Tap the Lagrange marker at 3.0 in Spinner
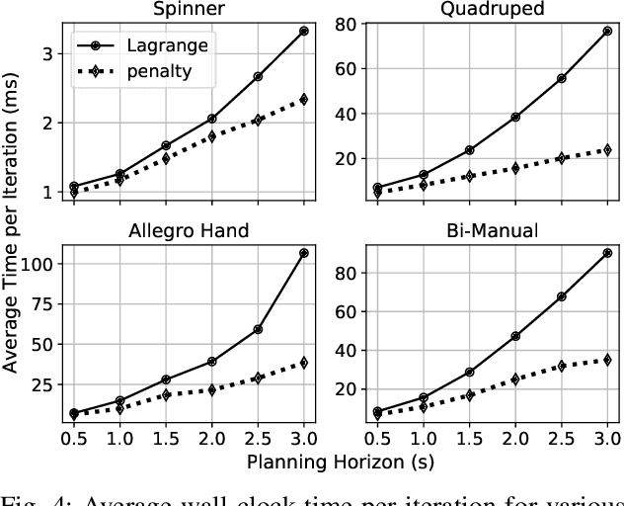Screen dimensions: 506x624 pos(303,32)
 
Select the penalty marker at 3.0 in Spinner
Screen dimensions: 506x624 pos(303,99)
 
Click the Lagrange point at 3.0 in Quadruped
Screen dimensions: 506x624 pos(607,32)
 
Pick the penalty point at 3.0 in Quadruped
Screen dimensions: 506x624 pos(607,150)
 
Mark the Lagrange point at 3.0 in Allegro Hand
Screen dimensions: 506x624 pos(303,253)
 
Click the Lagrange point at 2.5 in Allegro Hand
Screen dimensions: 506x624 pos(258,329)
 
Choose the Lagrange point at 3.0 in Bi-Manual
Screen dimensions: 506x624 pos(607,253)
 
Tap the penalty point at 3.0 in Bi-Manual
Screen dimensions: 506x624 pos(607,360)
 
